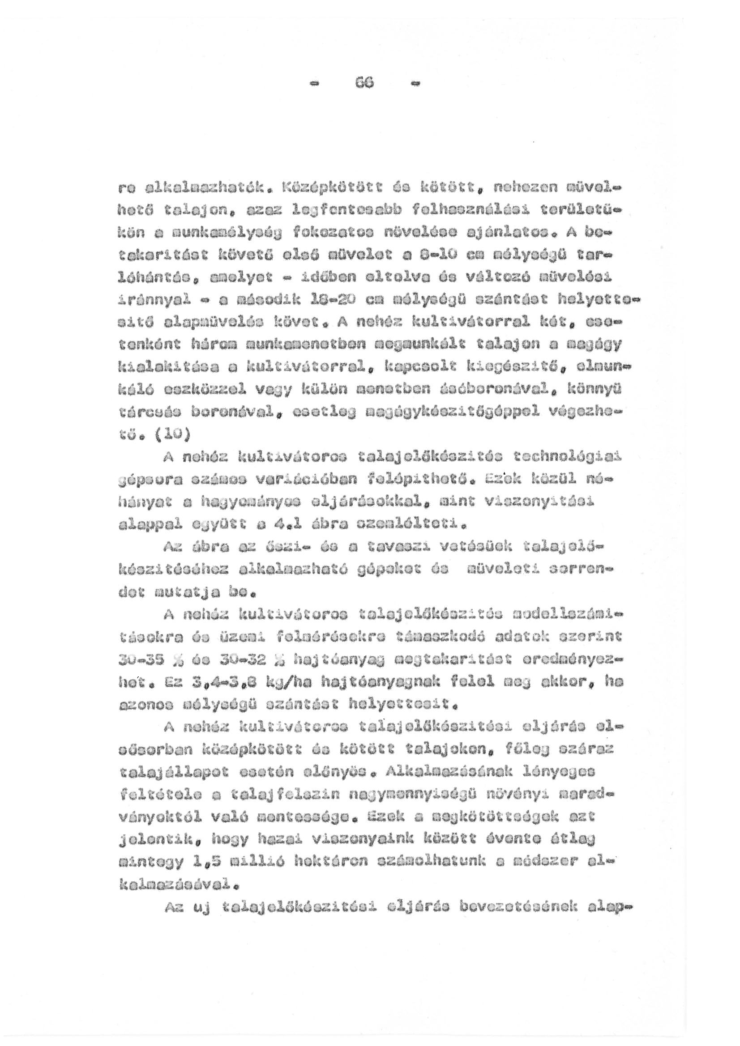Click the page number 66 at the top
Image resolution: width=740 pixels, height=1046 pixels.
365,83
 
